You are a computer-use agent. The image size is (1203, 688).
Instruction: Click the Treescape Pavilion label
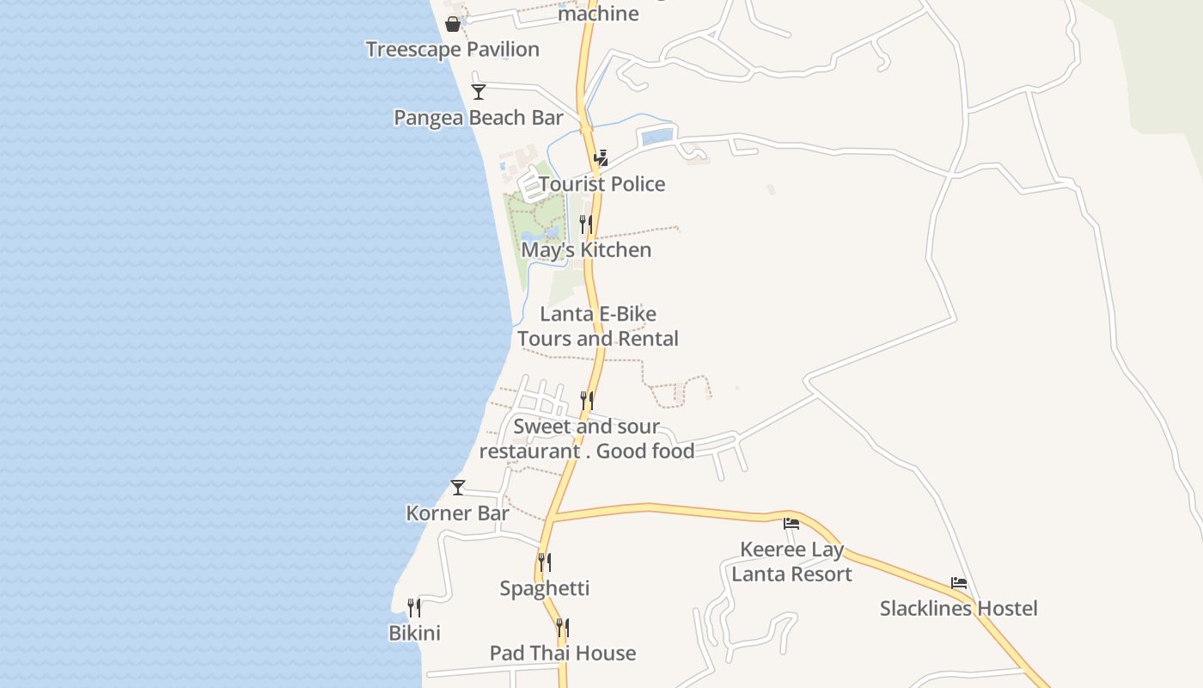tap(453, 49)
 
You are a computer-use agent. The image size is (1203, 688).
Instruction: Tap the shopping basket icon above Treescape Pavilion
tap(453, 24)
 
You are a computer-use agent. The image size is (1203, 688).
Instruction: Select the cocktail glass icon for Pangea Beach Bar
tap(479, 92)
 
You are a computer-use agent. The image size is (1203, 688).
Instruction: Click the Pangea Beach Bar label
tap(479, 118)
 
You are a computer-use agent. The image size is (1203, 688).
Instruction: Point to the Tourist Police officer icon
tap(601, 157)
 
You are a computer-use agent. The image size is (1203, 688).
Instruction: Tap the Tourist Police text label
tap(601, 184)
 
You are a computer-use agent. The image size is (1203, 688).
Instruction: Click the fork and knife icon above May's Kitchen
tap(586, 224)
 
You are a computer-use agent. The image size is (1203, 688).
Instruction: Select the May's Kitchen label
tap(586, 250)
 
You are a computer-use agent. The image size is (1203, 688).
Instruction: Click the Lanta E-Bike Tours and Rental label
tap(598, 326)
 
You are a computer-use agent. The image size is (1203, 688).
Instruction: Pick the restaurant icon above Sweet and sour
tap(587, 400)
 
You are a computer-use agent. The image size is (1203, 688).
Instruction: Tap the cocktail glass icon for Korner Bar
tap(458, 488)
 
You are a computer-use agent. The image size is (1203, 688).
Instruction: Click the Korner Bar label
tap(458, 513)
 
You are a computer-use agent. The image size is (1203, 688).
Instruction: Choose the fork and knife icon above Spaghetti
tap(545, 562)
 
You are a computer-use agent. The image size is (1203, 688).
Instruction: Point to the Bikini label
tap(414, 633)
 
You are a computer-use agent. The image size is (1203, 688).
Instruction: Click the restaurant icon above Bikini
tap(414, 608)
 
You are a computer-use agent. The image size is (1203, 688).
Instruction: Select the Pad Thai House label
tap(563, 653)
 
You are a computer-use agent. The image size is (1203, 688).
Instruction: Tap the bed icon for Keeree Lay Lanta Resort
tap(791, 523)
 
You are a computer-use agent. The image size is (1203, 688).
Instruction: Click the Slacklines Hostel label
tap(958, 609)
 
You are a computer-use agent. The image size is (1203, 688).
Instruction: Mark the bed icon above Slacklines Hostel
tap(959, 583)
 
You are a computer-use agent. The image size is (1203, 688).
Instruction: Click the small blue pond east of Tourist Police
tap(657, 136)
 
